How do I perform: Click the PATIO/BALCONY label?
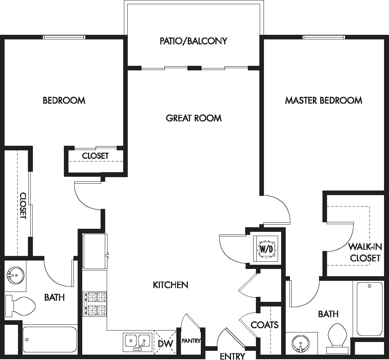[193, 41]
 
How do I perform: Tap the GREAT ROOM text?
[194, 118]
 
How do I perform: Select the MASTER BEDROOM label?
[324, 100]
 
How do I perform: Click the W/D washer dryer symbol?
[267, 248]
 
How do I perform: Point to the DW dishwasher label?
[166, 344]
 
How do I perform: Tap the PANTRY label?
[191, 340]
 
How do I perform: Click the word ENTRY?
[232, 356]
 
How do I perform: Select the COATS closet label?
[264, 325]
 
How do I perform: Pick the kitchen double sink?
[137, 341]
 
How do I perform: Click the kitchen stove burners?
[95, 304]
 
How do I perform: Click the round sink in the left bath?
[15, 274]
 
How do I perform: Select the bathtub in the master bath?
[369, 309]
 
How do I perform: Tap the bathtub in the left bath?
[50, 339]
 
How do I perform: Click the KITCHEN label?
[170, 285]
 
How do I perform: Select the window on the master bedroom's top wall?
[324, 37]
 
